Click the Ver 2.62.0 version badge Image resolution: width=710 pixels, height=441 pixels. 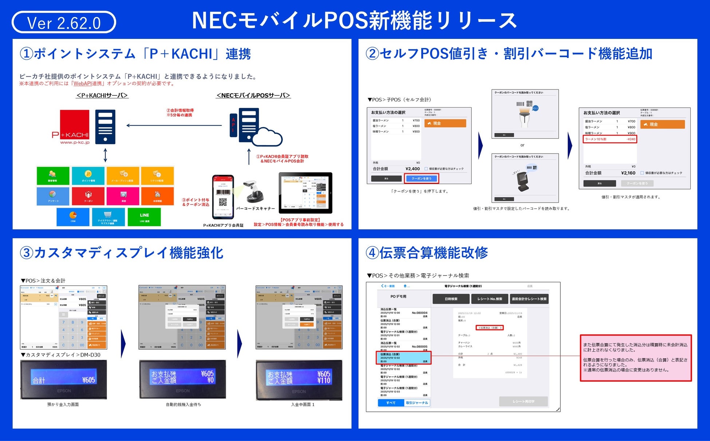pyautogui.click(x=64, y=23)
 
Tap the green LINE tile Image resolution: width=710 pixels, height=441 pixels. pyautogui.click(x=144, y=217)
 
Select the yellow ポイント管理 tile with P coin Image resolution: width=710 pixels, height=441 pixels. pyautogui.click(x=88, y=176)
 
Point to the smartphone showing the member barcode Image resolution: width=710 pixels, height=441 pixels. pyautogui.click(x=223, y=197)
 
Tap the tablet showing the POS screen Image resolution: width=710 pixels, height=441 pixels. pyautogui.click(x=305, y=192)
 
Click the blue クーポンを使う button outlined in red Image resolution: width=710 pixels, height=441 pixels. pyautogui.click(x=421, y=178)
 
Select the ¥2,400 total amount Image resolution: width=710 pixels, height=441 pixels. pyautogui.click(x=413, y=169)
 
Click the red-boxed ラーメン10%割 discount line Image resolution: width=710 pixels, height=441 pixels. pyautogui.click(x=610, y=139)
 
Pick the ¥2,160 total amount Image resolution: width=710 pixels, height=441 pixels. pyautogui.click(x=628, y=173)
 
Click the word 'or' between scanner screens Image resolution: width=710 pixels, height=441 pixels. pyautogui.click(x=522, y=145)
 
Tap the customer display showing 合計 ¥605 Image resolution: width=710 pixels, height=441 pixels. pyautogui.click(x=63, y=380)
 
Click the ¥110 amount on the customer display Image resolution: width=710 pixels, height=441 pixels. pyautogui.click(x=324, y=381)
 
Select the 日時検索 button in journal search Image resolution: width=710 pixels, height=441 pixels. pyautogui.click(x=451, y=299)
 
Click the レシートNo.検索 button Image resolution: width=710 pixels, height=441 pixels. pyautogui.click(x=490, y=299)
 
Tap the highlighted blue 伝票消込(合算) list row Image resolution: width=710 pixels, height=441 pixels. pyautogui.click(x=403, y=358)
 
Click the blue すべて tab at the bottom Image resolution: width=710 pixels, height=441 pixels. pyautogui.click(x=391, y=403)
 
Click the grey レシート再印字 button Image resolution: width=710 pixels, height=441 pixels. pyautogui.click(x=523, y=401)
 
